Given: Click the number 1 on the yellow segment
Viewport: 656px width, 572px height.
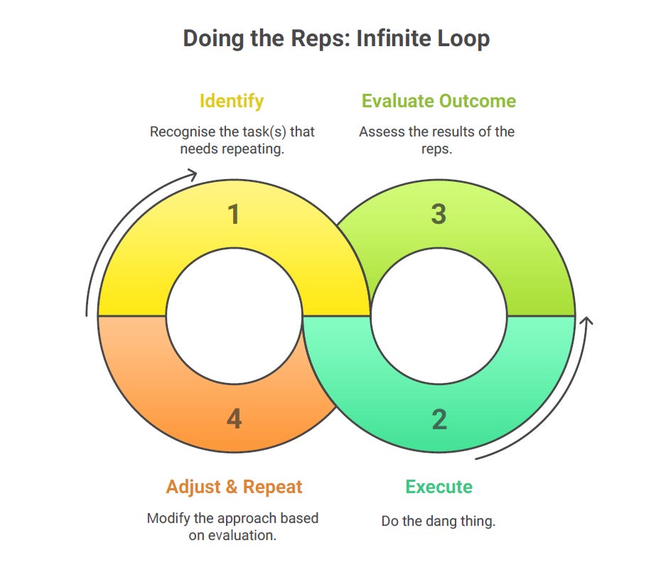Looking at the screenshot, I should [234, 215].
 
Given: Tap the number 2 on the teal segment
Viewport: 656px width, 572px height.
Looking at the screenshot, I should [439, 419].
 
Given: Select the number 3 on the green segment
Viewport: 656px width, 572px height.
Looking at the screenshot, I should [439, 215].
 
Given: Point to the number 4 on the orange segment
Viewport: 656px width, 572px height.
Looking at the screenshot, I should [234, 419].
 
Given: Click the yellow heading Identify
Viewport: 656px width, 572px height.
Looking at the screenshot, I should [232, 100].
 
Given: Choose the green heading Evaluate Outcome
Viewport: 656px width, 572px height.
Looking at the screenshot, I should [439, 100].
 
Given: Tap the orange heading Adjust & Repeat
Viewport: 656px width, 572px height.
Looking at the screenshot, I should [234, 487].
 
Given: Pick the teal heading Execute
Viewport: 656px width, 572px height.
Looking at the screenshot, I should [439, 487].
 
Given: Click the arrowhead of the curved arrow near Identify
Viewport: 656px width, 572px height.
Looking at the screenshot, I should [193, 173].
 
